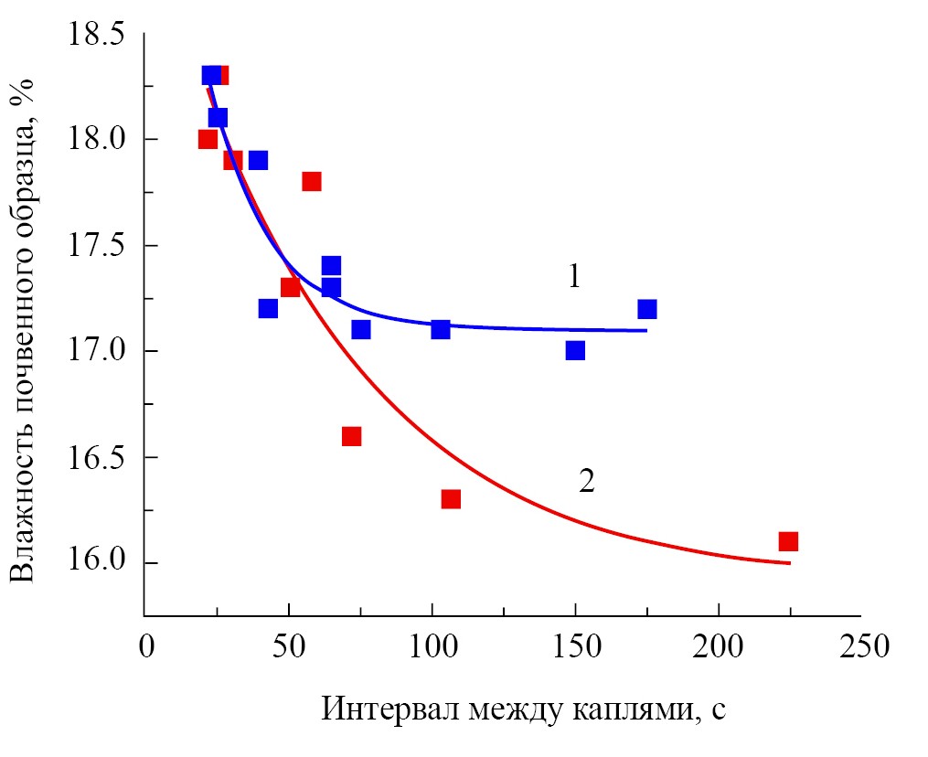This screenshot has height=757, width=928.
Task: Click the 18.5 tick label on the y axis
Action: (96, 37)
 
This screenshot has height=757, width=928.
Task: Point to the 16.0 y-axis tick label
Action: (96, 561)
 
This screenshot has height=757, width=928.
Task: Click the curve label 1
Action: (574, 276)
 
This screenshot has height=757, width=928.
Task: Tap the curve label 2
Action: (586, 481)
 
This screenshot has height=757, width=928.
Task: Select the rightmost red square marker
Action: (788, 541)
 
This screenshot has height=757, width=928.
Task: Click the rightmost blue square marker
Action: (647, 309)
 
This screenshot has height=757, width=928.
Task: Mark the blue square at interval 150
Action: (575, 350)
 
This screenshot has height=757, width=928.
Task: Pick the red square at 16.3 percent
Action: (451, 499)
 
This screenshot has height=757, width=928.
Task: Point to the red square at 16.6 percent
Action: (351, 436)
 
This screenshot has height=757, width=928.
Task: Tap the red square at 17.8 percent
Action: (312, 181)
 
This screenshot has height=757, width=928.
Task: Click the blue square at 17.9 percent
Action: (258, 160)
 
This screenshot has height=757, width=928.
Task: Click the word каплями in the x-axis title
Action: (627, 709)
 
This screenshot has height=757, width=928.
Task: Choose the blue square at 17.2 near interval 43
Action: (268, 308)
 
